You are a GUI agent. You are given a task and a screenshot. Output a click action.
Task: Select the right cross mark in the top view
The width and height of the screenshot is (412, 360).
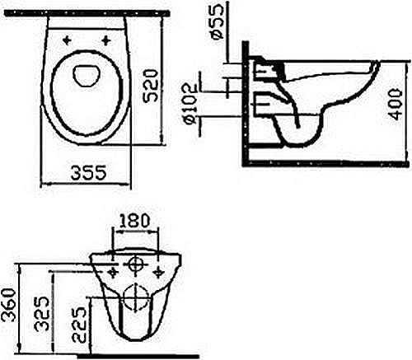tap(106, 39)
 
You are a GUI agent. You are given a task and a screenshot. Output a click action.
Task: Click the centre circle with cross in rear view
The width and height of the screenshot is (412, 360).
tap(134, 266)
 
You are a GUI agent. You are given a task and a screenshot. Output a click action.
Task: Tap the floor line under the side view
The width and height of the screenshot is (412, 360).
tap(321, 164)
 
